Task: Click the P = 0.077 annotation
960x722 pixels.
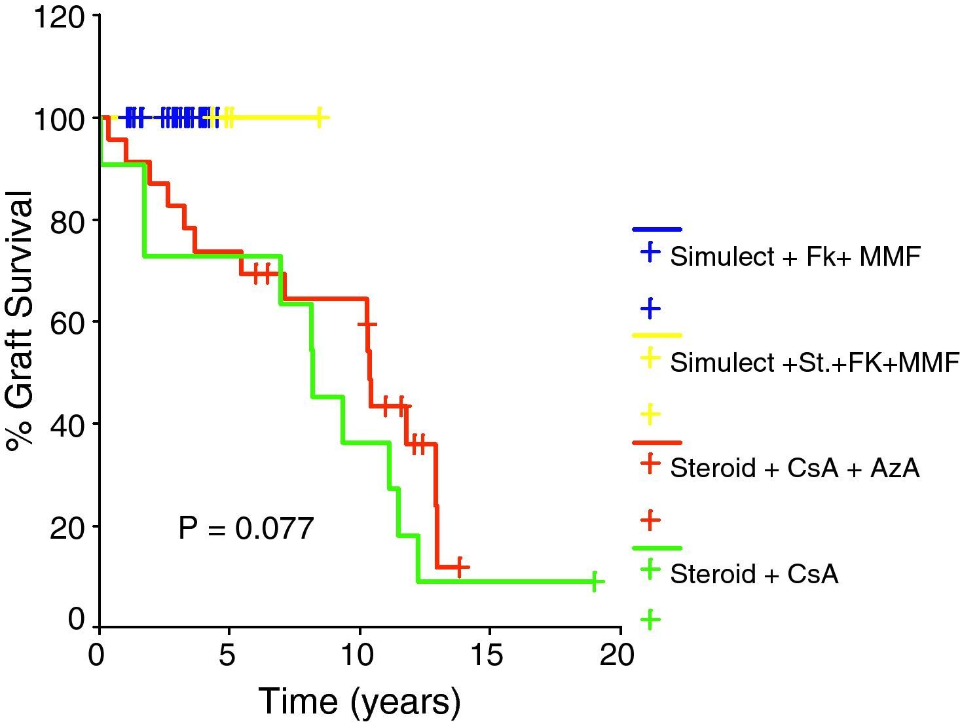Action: (246, 528)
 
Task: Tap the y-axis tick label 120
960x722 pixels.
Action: (59, 18)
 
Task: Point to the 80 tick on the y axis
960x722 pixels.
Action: (67, 221)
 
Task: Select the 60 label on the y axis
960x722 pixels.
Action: (67, 323)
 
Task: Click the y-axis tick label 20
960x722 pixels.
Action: (67, 528)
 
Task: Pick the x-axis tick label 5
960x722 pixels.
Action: (227, 655)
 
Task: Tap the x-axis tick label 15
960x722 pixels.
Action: (487, 655)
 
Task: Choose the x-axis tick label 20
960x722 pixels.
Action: (618, 655)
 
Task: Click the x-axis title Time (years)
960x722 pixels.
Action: (360, 702)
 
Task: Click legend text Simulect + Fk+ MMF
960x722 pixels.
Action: (795, 257)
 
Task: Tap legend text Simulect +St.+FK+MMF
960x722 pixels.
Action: (815, 363)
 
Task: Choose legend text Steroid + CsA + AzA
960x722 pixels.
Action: (795, 468)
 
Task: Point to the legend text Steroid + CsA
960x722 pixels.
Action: (754, 574)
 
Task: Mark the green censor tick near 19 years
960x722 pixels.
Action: (594, 581)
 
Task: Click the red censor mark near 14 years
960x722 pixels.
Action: (460, 566)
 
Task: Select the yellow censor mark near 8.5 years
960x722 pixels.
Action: (319, 118)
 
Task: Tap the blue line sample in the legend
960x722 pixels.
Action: (657, 230)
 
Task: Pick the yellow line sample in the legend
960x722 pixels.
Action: (657, 335)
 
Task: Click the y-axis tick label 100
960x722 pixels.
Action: (59, 119)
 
